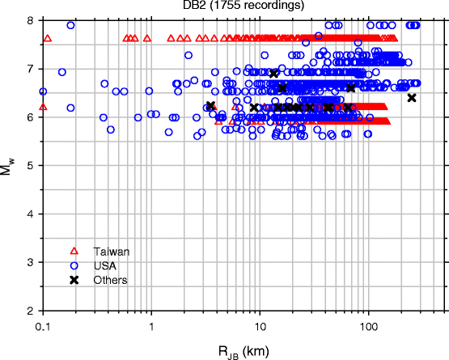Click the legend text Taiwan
point(111,252)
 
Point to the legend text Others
point(111,280)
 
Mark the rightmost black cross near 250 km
point(412,98)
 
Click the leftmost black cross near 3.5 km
point(210,105)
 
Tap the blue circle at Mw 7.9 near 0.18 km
point(71,25)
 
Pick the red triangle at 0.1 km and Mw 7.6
point(47,38)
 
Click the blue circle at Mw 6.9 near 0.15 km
point(62,73)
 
